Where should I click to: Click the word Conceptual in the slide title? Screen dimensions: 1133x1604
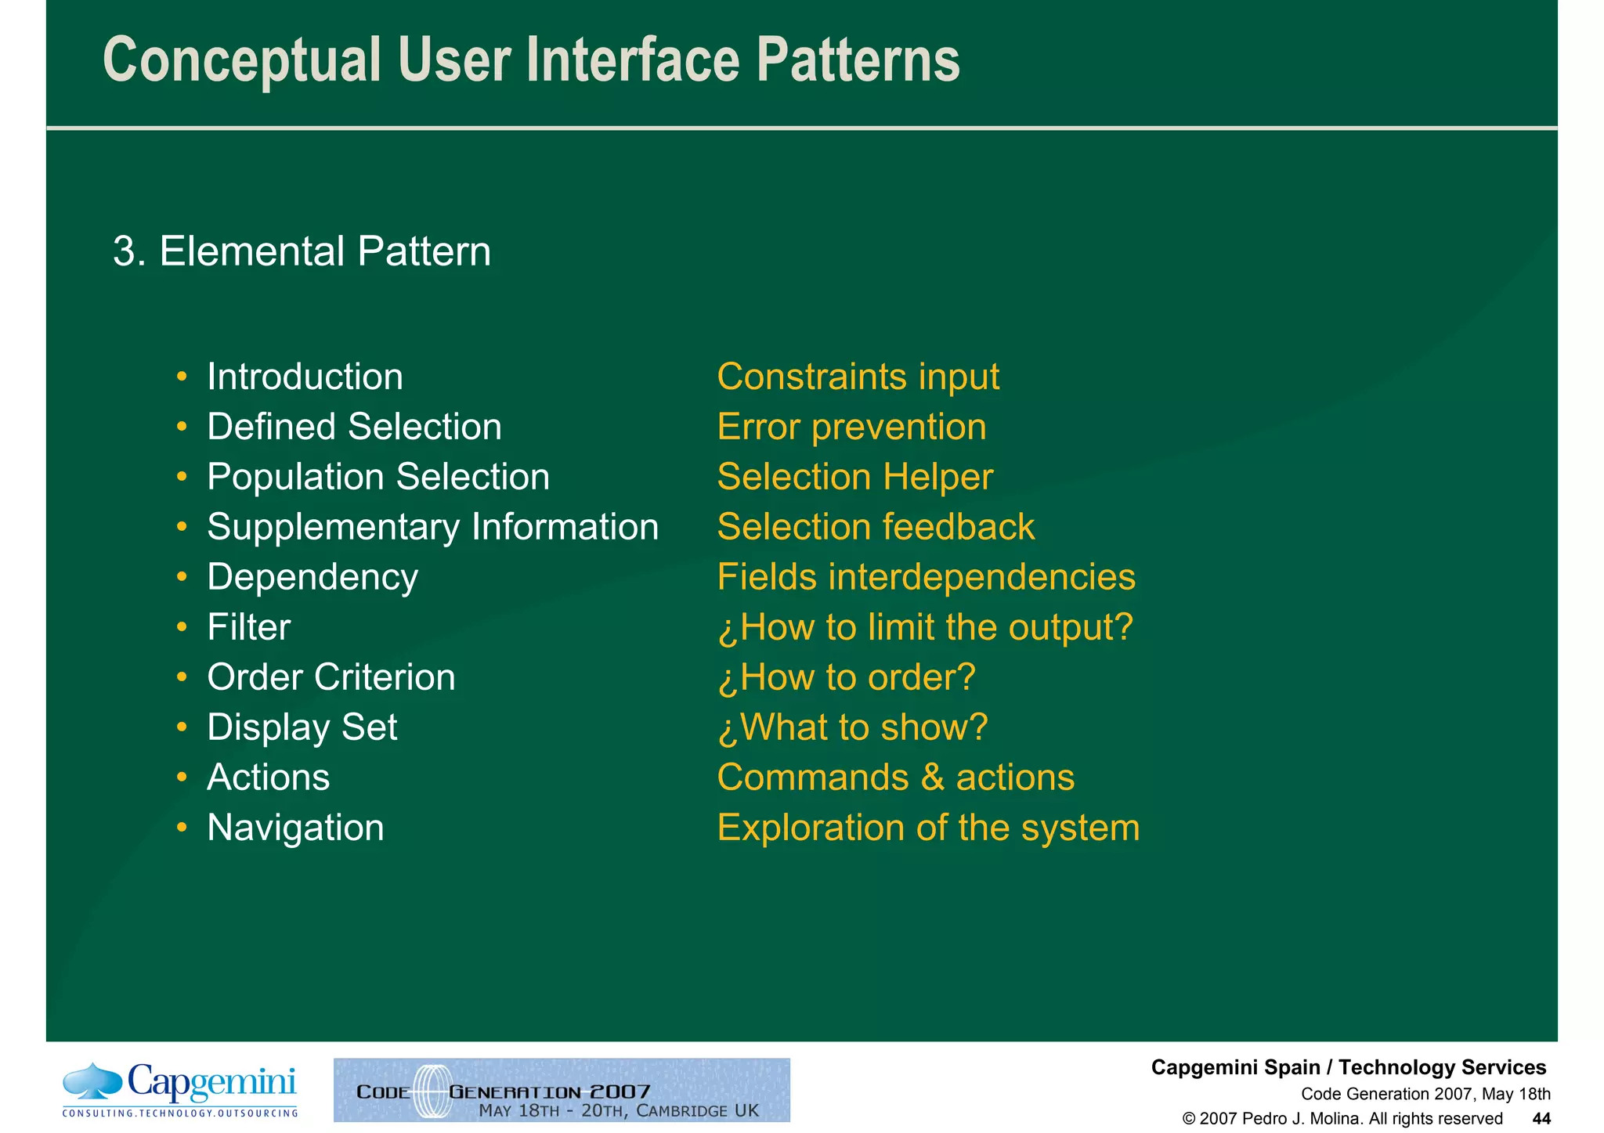241,61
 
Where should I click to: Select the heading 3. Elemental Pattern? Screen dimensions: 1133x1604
302,251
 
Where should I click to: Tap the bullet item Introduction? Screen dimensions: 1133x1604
305,377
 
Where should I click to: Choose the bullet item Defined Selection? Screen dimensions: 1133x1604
354,428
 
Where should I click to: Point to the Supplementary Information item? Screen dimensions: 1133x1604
432,527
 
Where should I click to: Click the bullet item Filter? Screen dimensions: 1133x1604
248,627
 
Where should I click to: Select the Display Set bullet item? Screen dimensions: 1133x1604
302,727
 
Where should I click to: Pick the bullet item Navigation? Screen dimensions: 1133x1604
295,828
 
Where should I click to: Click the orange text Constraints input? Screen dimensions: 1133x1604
858,377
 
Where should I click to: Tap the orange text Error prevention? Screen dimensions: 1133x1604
851,428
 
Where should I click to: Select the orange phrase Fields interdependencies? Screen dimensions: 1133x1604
926,578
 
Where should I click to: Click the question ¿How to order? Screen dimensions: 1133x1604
846,677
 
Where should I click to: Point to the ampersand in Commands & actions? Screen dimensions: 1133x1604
932,778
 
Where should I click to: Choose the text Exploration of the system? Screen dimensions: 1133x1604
928,828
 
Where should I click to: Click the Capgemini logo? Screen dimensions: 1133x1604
180,1089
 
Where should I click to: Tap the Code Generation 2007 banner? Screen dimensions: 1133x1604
562,1090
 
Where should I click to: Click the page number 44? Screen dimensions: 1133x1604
1541,1119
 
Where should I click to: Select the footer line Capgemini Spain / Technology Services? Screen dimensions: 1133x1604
1348,1067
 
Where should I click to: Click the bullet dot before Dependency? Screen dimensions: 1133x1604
182,578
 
